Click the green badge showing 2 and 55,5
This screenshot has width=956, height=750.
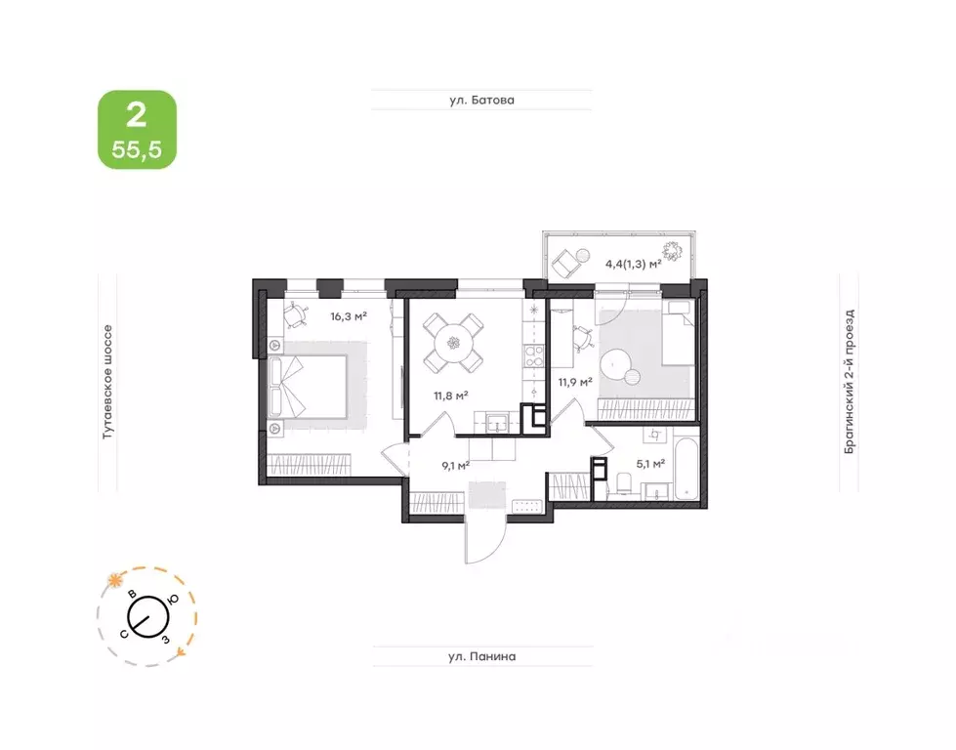(x=137, y=129)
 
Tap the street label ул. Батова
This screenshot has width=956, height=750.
(x=481, y=100)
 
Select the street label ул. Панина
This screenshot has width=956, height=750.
(x=481, y=656)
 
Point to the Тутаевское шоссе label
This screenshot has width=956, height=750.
(x=107, y=382)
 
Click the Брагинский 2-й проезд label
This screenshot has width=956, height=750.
(x=849, y=382)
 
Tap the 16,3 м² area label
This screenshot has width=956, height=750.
(x=349, y=316)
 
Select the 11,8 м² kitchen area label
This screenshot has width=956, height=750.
(x=450, y=396)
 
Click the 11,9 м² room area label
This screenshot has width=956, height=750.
(x=575, y=382)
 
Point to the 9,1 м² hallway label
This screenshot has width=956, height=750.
(x=455, y=466)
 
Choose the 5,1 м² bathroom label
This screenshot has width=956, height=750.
(x=650, y=464)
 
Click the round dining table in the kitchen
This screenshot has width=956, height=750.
(x=453, y=343)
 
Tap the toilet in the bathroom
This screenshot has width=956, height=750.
(x=623, y=486)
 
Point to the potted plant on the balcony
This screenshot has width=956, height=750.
(x=674, y=251)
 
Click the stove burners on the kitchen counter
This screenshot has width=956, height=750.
(x=534, y=356)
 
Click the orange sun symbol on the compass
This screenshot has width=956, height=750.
(x=112, y=579)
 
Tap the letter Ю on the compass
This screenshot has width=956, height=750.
(x=174, y=600)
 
